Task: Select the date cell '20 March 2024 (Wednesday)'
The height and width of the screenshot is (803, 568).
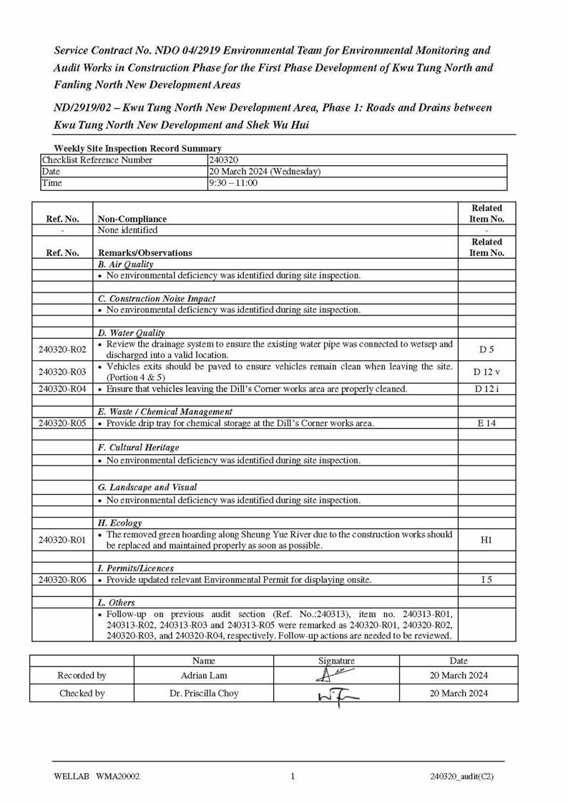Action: [265, 172]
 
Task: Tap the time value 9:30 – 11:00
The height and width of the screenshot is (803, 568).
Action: [233, 183]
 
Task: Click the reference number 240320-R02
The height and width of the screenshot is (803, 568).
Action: [62, 350]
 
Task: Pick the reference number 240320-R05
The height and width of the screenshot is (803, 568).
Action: [62, 423]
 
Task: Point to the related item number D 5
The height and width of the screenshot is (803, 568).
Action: [486, 350]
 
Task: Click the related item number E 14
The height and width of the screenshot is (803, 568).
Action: [486, 423]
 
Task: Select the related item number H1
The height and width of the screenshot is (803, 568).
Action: [486, 540]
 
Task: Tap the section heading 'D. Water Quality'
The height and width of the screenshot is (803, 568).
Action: [131, 333]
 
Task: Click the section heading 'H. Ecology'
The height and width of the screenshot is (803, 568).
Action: [119, 523]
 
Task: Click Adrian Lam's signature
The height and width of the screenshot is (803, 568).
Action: [336, 675]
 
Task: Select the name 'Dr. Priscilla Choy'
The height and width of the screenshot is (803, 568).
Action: [204, 693]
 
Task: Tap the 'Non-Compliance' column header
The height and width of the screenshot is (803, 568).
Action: [132, 219]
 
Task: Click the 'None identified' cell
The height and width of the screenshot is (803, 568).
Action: [127, 230]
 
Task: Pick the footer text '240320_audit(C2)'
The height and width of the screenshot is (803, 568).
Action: [461, 777]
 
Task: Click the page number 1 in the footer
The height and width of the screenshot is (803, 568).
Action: [293, 777]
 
